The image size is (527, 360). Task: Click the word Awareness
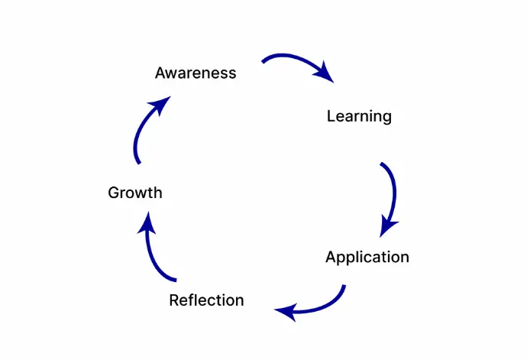coord(196,73)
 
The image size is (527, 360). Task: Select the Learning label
coord(359,116)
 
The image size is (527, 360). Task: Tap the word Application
coord(367,257)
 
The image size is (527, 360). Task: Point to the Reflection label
coord(206,300)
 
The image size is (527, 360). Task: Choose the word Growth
coord(135,193)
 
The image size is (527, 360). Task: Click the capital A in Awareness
coord(160,73)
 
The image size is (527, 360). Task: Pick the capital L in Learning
coord(331,116)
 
